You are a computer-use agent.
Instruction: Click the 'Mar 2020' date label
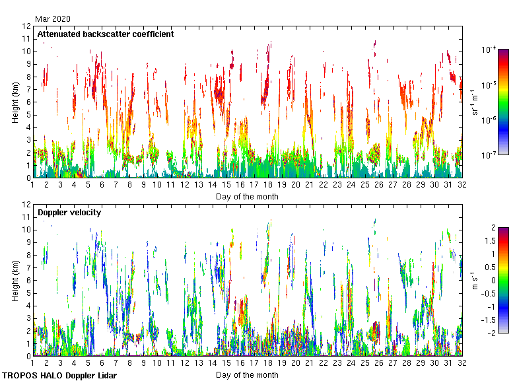pyautogui.click(x=53, y=19)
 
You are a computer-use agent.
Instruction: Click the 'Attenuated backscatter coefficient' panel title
pyautogui.click(x=106, y=34)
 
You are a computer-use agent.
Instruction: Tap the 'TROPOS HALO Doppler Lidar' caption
pyautogui.click(x=59, y=375)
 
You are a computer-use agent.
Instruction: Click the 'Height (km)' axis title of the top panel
pyautogui.click(x=15, y=102)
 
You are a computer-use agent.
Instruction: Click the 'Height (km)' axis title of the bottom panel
pyautogui.click(x=15, y=280)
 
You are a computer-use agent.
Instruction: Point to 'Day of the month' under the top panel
pyautogui.click(x=247, y=196)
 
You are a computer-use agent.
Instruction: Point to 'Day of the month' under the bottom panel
pyautogui.click(x=247, y=374)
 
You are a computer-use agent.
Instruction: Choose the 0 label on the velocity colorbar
pyautogui.click(x=492, y=280)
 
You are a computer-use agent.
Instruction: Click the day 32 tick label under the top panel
pyautogui.click(x=462, y=186)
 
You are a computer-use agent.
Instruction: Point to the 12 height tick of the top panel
pyautogui.click(x=26, y=26)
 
